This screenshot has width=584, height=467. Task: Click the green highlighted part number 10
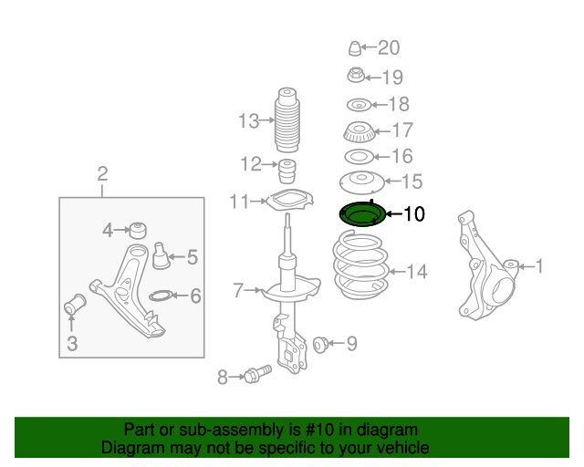(x=360, y=216)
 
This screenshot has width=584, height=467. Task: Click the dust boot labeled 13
(x=288, y=122)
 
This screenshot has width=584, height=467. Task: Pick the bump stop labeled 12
(x=288, y=171)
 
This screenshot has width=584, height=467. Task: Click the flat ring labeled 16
(x=358, y=157)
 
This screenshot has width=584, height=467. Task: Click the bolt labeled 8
(x=256, y=375)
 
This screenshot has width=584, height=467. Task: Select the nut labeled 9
(x=320, y=344)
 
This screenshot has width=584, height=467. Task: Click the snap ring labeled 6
(x=158, y=295)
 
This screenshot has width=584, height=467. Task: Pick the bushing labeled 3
(x=74, y=306)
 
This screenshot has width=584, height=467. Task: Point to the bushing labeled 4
(x=139, y=228)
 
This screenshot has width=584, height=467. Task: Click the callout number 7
(x=238, y=291)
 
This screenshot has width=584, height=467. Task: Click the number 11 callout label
(x=239, y=201)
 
